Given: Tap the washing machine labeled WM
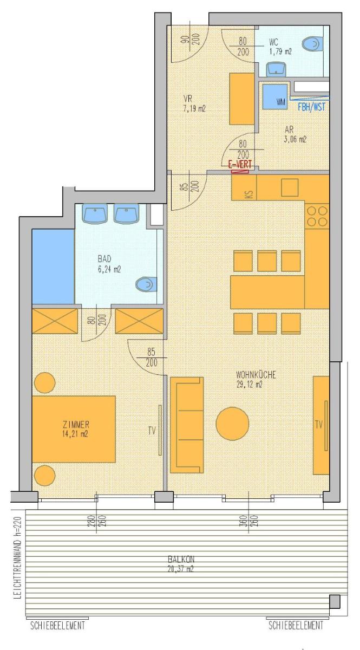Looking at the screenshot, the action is [274, 96].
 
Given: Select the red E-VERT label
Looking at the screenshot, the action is [240, 165].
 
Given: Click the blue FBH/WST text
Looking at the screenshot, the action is [312, 107].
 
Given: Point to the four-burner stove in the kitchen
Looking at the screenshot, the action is [317, 216].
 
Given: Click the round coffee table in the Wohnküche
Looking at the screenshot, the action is [232, 424].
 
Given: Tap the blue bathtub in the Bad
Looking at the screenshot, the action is [53, 266].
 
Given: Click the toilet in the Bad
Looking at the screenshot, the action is [147, 284].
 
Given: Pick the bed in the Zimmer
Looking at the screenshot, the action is [74, 429].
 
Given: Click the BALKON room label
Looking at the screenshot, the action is [181, 559].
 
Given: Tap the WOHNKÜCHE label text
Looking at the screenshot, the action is [256, 375].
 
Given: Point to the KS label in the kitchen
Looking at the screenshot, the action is [250, 194].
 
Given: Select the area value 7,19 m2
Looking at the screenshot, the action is [194, 109].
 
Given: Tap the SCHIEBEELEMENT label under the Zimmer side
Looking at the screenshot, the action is [58, 625].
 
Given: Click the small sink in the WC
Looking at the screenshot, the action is [276, 69].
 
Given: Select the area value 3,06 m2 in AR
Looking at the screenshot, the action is [295, 140].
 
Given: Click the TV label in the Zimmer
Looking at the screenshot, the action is [152, 431].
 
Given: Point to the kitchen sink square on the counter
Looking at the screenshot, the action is [290, 188].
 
